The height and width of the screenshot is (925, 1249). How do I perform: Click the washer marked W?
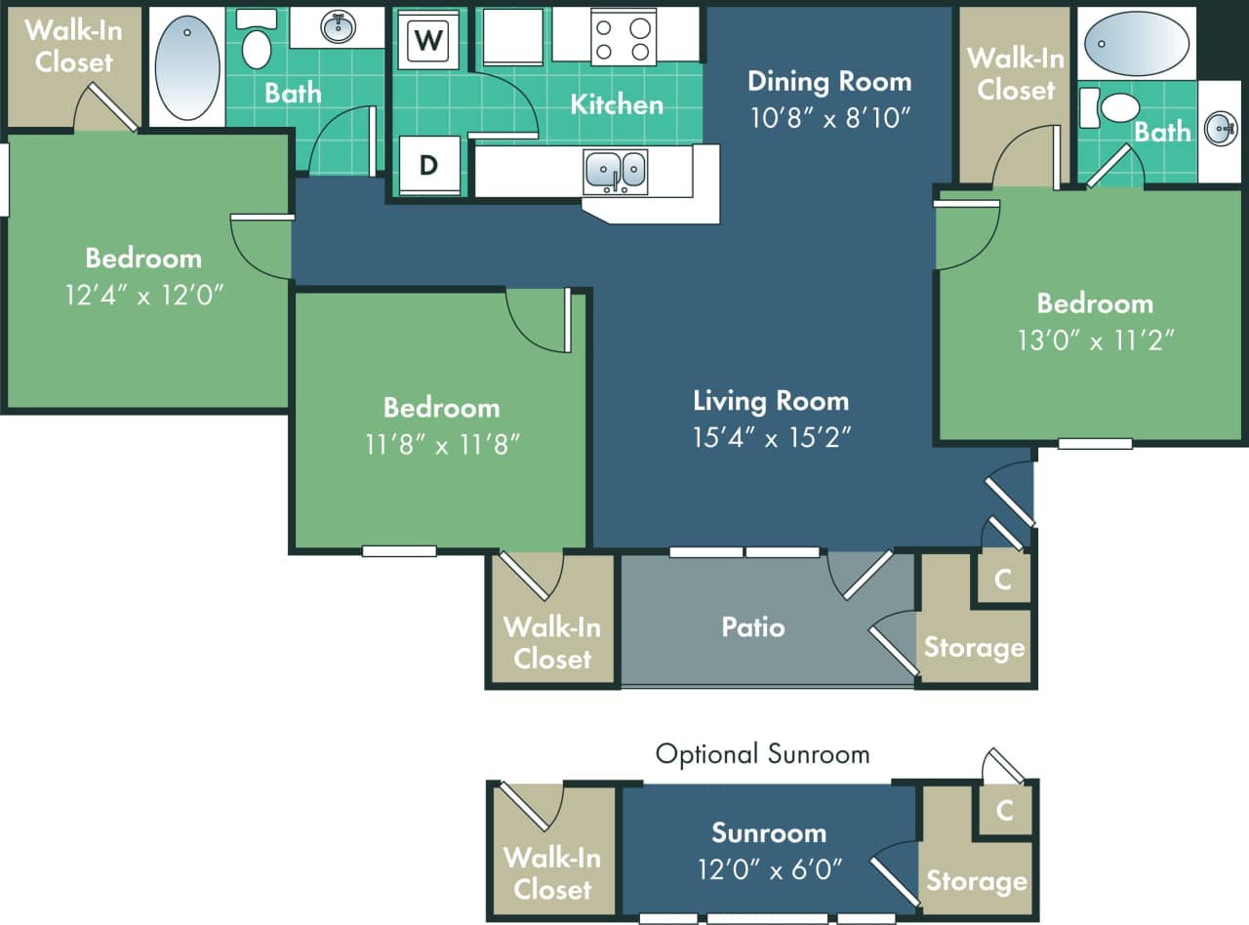coord(427,41)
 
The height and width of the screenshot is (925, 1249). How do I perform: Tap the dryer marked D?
coord(428,165)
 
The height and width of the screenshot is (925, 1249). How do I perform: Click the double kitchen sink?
coord(616,170)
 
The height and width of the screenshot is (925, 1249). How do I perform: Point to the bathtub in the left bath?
coord(188,66)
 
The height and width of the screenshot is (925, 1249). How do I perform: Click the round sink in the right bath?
coord(1220,129)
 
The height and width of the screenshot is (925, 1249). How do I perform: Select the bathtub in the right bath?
coord(1137,43)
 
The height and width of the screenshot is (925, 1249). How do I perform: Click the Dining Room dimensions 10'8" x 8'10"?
coord(829,118)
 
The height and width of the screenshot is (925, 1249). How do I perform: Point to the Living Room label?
coord(771,400)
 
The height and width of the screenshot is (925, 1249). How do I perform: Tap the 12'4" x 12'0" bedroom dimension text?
coord(144,296)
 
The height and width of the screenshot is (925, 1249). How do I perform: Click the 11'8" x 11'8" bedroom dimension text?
coord(441,445)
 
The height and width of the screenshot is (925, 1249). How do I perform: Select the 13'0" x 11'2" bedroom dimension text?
coord(1095,341)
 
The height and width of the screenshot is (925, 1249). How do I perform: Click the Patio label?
coord(753,626)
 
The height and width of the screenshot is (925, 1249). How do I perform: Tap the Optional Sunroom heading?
coord(762,753)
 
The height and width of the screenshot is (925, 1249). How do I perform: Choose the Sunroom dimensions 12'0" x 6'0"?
coord(769,867)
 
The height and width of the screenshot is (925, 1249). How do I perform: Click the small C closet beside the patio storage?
coord(1002,580)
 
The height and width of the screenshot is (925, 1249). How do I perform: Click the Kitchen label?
coord(617,103)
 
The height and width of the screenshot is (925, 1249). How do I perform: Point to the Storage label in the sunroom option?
coord(976,881)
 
